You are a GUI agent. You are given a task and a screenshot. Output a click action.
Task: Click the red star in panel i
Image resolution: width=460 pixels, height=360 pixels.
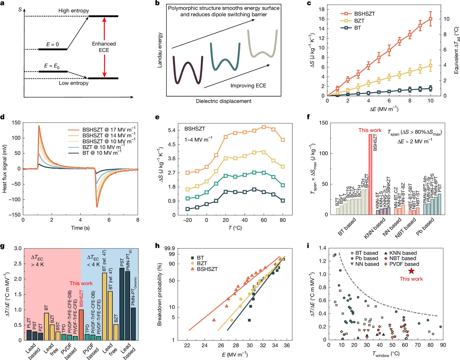(x=412, y=271)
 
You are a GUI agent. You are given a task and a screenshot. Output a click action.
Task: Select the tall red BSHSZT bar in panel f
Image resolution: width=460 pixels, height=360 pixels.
(x=370, y=174)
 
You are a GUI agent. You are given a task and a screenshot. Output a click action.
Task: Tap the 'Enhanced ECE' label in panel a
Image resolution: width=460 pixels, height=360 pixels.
(x=104, y=47)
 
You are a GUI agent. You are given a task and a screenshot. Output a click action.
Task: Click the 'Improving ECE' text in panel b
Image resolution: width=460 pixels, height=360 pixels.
(x=248, y=86)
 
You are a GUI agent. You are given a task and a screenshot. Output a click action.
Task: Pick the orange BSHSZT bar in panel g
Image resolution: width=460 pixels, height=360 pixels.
(x=81, y=325)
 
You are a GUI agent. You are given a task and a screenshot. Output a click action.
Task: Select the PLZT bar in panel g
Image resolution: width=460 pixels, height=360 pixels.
(x=29, y=335)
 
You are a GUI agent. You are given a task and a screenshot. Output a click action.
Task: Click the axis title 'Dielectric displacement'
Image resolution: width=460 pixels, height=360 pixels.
(x=224, y=101)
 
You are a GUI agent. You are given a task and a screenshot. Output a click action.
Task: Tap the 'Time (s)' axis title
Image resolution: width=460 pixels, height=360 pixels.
(x=80, y=228)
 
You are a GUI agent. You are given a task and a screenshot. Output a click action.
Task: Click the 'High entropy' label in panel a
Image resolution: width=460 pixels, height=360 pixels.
(x=73, y=11)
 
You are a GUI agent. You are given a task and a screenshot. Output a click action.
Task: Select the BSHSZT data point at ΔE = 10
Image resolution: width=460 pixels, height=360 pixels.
(x=430, y=18)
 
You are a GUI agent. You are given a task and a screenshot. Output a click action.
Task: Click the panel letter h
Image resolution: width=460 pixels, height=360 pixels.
(x=157, y=246)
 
